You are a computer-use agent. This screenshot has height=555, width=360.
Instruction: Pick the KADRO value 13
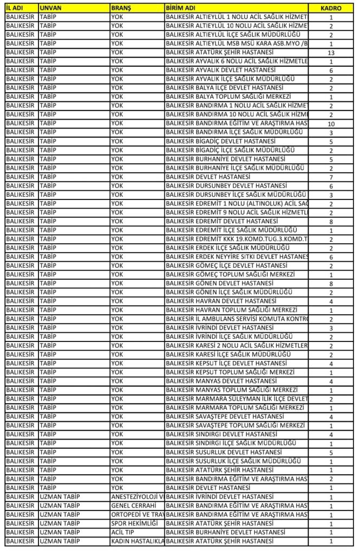coord(331,53)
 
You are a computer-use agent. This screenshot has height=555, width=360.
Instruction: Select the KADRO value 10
coord(331,124)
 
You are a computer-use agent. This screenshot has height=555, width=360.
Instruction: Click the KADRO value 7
coord(331,177)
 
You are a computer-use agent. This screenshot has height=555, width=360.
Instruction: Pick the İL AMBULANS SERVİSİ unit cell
coord(236,319)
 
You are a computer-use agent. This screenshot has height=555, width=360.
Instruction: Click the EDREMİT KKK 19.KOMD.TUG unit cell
coord(236,239)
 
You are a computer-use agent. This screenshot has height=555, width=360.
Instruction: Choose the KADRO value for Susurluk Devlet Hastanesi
coord(331,453)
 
